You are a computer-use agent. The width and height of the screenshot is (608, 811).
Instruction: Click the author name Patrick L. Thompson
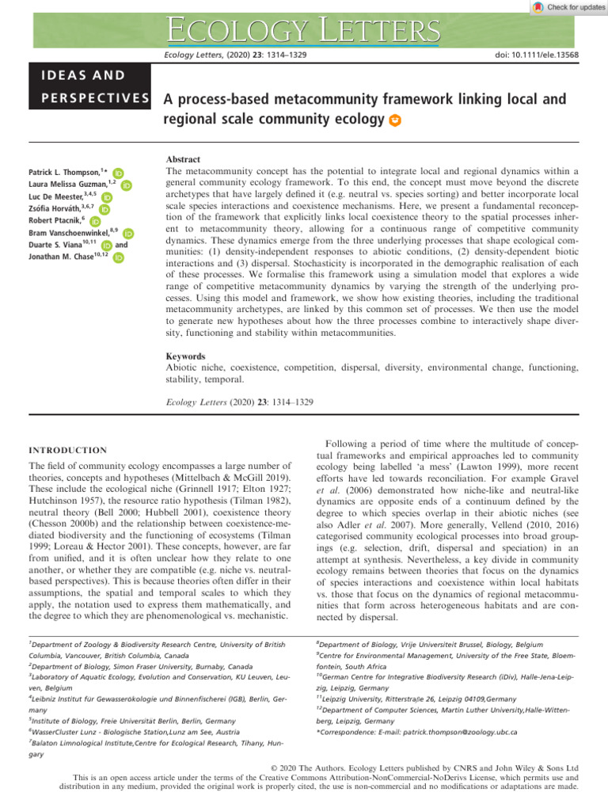point(66,172)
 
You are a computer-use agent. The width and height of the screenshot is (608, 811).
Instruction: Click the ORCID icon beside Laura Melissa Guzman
point(126,185)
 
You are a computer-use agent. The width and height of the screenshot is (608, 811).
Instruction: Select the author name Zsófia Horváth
point(59,209)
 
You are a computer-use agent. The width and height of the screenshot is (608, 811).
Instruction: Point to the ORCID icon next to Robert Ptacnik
point(94,222)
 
